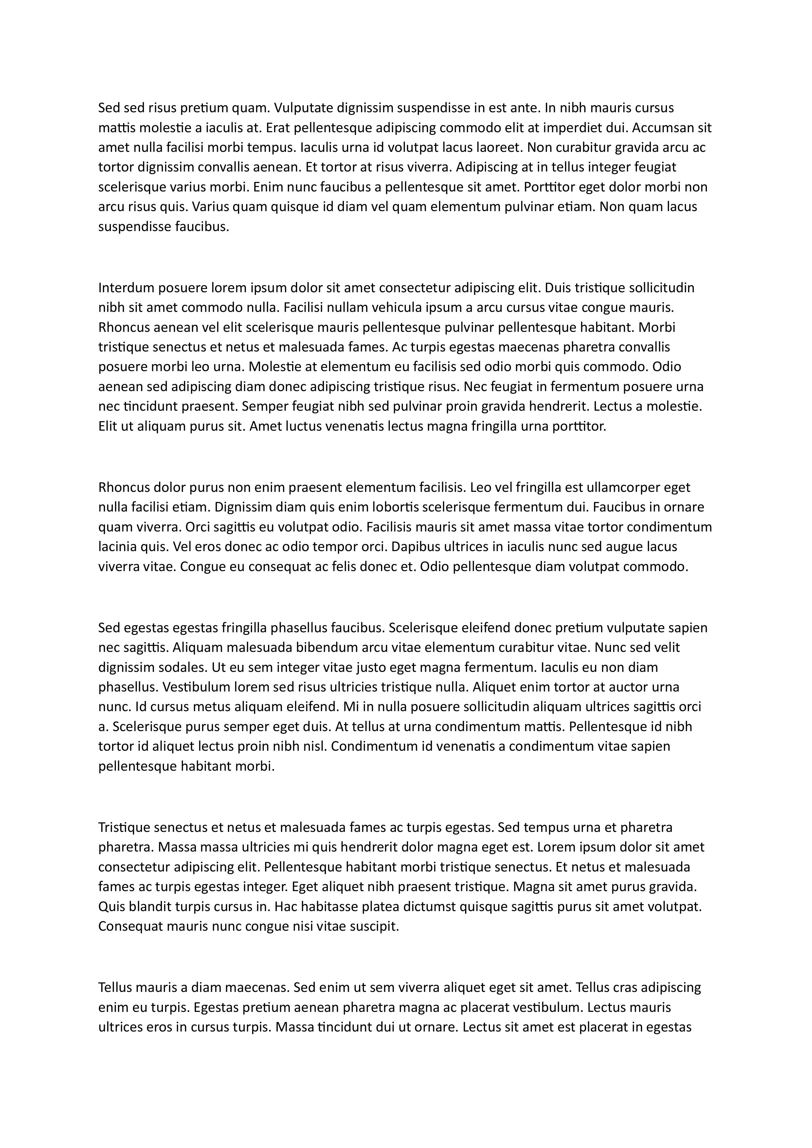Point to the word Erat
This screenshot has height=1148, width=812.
pos(278,128)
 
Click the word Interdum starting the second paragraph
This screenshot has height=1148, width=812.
pos(127,288)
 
